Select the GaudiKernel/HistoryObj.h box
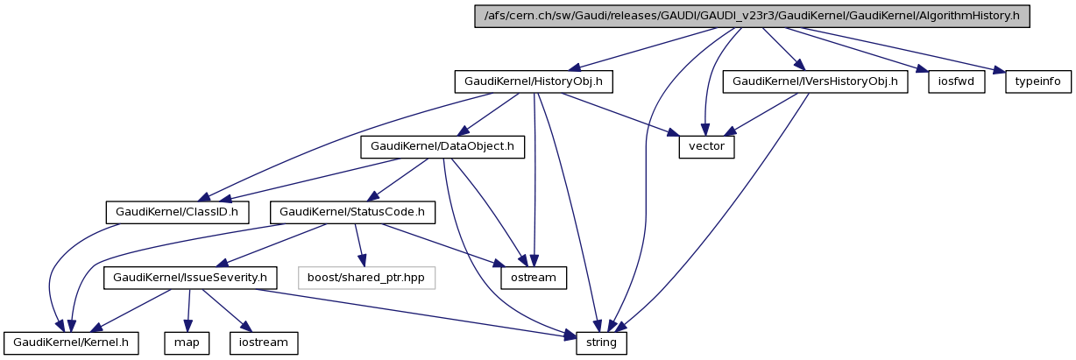(x=534, y=81)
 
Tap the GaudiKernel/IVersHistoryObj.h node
(x=815, y=81)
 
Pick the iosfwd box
(x=957, y=81)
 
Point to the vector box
(x=706, y=146)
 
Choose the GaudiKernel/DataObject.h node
(x=442, y=146)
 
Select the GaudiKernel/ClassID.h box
(x=177, y=212)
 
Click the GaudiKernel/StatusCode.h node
(x=352, y=212)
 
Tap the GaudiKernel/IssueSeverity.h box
(x=191, y=278)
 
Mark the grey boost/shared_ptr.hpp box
(x=366, y=278)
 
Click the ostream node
(x=533, y=278)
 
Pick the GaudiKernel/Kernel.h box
(x=72, y=342)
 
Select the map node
(x=187, y=342)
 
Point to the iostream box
(x=263, y=342)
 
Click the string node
(x=601, y=342)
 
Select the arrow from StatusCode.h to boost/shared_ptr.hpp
(x=359, y=245)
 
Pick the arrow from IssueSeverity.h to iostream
(x=225, y=310)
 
